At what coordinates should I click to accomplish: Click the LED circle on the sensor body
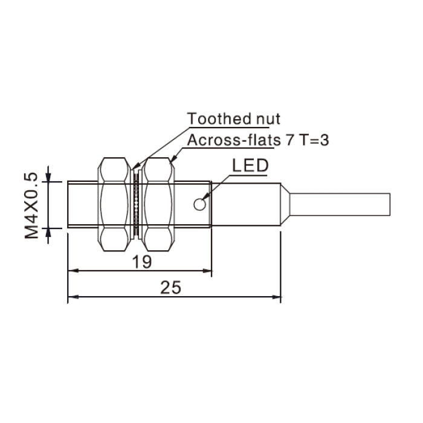[199, 204]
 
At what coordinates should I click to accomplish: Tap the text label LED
[250, 166]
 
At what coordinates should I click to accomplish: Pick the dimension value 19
[142, 262]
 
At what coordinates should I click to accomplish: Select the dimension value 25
[170, 287]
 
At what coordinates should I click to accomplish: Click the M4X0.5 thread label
[31, 205]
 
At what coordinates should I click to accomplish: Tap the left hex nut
[114, 204]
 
